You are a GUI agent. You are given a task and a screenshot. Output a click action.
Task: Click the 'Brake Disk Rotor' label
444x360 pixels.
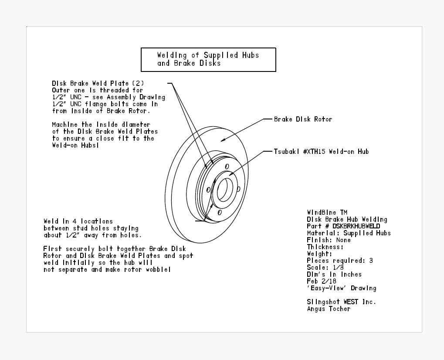click(303, 119)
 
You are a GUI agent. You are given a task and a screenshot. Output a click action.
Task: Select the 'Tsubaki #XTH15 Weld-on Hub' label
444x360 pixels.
click(321, 152)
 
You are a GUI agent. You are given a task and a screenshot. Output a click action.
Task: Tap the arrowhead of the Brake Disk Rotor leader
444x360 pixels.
click(223, 139)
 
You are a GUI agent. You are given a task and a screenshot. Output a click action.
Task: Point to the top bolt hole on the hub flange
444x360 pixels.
click(227, 166)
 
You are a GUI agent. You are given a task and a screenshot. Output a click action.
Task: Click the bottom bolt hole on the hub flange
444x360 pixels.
click(220, 212)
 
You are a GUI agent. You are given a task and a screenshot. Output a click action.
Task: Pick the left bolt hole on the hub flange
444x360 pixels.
click(208, 190)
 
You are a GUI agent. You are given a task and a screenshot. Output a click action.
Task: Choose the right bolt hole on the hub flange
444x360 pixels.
click(238, 189)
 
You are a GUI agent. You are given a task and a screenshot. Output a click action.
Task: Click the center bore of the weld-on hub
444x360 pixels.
click(225, 190)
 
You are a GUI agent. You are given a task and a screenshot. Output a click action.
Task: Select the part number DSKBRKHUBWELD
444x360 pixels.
click(356, 226)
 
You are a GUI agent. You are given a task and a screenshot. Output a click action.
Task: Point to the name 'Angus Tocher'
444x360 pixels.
click(329, 309)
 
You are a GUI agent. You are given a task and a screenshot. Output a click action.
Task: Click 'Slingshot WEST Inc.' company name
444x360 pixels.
click(341, 302)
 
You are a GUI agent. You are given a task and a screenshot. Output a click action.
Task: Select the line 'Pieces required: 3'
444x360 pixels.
click(340, 261)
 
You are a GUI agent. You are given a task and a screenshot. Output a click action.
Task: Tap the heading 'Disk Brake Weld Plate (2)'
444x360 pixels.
click(98, 83)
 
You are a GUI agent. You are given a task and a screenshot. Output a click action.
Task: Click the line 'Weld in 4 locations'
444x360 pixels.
click(78, 221)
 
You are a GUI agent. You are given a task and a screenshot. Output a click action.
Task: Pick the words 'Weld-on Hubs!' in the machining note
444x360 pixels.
click(76, 145)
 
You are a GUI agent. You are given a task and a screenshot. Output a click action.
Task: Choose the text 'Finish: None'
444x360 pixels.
click(329, 240)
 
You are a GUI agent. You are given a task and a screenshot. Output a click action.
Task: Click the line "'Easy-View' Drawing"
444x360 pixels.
click(342, 288)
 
